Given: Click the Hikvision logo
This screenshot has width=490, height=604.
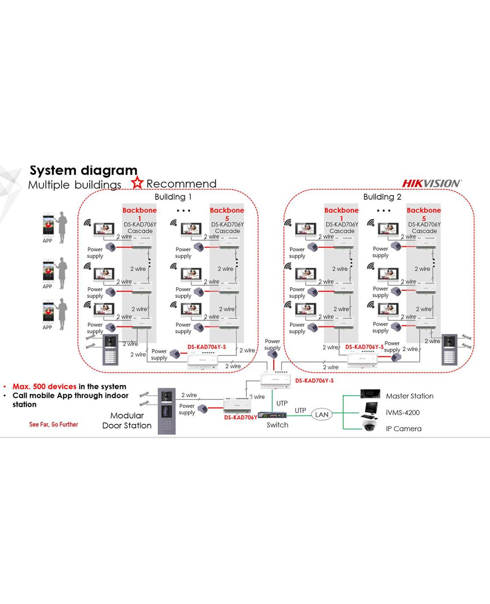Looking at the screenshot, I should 432,184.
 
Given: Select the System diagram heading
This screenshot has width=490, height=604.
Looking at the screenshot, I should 83,170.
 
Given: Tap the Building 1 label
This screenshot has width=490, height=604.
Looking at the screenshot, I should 173,197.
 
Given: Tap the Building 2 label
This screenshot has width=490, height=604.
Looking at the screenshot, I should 382,197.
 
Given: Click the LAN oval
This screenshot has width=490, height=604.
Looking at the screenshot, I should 322,414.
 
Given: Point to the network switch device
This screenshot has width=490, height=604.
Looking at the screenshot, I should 272,415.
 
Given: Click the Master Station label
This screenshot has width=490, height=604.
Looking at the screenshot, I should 409,396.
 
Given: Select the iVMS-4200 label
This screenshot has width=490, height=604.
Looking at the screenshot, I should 403,413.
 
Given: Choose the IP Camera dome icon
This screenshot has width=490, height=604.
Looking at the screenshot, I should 369,425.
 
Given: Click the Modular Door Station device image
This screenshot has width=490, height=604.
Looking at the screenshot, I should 166,411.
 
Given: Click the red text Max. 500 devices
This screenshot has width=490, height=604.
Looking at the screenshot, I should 44,386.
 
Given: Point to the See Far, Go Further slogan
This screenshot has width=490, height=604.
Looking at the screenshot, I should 54,424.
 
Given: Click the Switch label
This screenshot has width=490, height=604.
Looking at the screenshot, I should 277,425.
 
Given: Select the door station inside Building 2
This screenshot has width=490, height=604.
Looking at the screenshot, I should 450,350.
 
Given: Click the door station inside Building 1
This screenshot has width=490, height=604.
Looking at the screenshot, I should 110,350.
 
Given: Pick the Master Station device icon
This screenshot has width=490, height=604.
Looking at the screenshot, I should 370,393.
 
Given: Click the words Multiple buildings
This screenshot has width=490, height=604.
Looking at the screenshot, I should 75,185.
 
